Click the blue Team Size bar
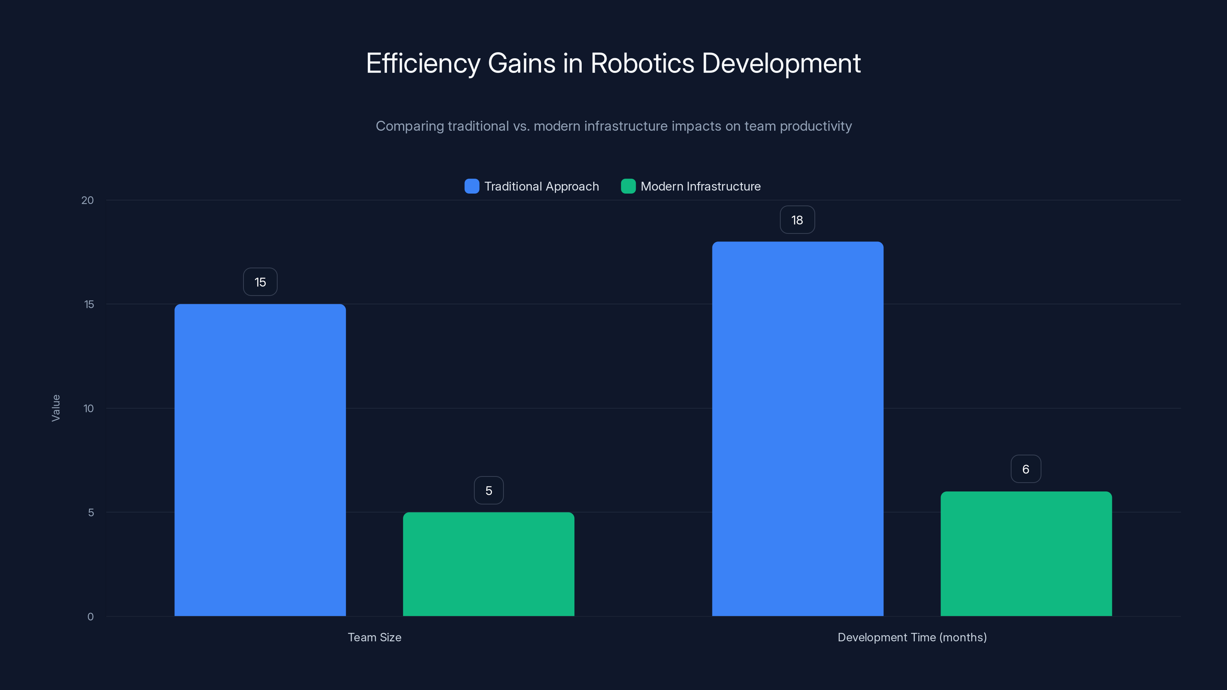[x=260, y=460]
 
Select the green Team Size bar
[x=489, y=564]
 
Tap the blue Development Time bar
[x=798, y=429]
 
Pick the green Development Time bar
[x=1026, y=554]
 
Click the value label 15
[x=260, y=282]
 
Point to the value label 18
[x=797, y=220]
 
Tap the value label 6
[x=1026, y=469]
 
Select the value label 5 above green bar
[x=489, y=491]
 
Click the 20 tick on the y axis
[x=88, y=200]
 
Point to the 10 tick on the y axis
[x=89, y=409]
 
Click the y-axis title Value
[x=56, y=408]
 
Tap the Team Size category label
[x=374, y=637]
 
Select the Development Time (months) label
[x=912, y=637]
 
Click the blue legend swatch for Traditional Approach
[x=472, y=186]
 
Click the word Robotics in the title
[x=642, y=63]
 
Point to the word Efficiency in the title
[x=423, y=63]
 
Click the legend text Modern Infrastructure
[x=700, y=186]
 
